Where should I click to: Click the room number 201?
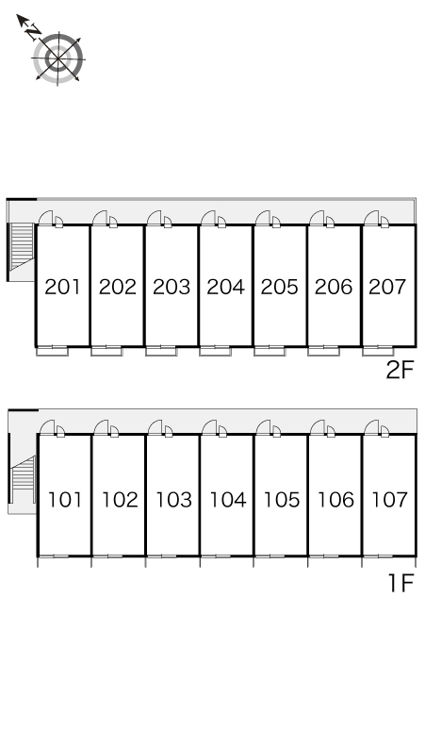[x=63, y=287]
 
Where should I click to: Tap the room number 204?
[x=225, y=287]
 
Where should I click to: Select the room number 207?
[x=387, y=287]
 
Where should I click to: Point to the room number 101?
[x=65, y=500]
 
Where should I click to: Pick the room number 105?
[x=282, y=500]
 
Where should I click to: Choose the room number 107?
[x=389, y=500]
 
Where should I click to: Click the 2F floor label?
[x=400, y=371]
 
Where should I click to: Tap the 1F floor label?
[x=400, y=583]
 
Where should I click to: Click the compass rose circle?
[x=58, y=58]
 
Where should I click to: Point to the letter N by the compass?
[x=33, y=32]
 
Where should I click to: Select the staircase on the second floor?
[x=22, y=247]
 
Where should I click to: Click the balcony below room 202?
[x=106, y=351]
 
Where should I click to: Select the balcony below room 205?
[x=270, y=351]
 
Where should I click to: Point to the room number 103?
[x=173, y=500]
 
